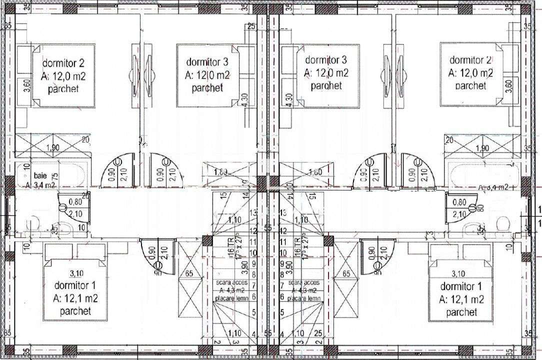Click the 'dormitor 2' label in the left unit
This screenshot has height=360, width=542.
click(x=63, y=63)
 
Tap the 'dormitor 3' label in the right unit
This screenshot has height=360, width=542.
click(x=326, y=60)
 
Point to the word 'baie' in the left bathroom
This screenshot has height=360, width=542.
click(x=40, y=176)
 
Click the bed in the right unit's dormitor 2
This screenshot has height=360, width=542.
click(x=471, y=74)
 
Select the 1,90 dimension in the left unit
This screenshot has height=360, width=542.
click(x=53, y=148)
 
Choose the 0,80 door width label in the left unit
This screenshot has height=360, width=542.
click(x=75, y=202)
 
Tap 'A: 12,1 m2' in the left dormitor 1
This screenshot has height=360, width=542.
click(x=75, y=299)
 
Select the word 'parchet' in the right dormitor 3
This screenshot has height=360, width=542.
click(x=326, y=85)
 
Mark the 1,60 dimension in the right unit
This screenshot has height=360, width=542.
click(x=315, y=173)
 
